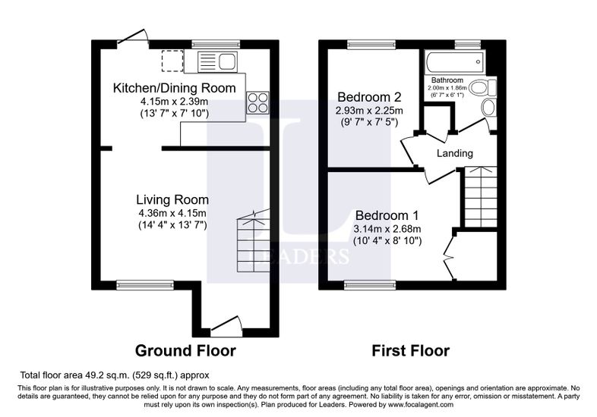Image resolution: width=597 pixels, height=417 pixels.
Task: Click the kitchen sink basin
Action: pos(228,62)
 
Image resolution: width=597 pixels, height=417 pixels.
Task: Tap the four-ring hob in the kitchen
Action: pos(257,102)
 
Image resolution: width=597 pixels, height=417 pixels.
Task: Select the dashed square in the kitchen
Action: pos(172,61)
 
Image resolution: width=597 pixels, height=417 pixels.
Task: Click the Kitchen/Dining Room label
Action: pos(175,88)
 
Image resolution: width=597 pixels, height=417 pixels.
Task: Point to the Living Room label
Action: pos(172,199)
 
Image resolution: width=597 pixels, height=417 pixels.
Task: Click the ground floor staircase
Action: pos(253,243)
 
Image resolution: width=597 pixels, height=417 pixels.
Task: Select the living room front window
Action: pos(145,285)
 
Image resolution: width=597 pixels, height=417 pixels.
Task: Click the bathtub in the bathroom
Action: pos(455,63)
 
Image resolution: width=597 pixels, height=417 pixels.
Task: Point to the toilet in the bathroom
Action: pos(483,88)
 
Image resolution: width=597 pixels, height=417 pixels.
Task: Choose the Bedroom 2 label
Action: pos(369,97)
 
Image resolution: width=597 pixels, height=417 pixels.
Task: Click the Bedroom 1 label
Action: pos(387,215)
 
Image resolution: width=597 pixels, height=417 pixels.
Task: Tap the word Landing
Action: pos(455,153)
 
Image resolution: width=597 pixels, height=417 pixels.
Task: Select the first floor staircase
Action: pos(481,197)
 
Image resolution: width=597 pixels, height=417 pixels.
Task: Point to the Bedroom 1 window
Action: pos(370,285)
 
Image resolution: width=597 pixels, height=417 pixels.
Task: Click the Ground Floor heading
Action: pos(185,350)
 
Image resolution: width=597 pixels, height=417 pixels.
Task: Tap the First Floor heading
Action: pos(410,350)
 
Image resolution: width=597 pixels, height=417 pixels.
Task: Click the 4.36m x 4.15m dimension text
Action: pos(172,213)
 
